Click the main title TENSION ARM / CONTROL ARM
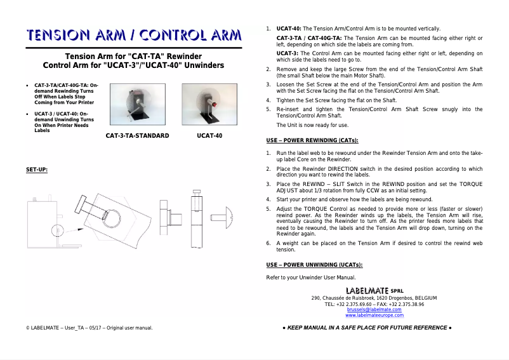133,35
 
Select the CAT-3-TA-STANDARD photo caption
137,135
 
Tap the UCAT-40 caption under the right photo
209,135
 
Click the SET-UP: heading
37,170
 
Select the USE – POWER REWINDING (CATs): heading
312,140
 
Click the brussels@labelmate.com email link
374,309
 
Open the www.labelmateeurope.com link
374,315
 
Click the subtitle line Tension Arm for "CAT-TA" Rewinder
133,57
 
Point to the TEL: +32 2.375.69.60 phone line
374,303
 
